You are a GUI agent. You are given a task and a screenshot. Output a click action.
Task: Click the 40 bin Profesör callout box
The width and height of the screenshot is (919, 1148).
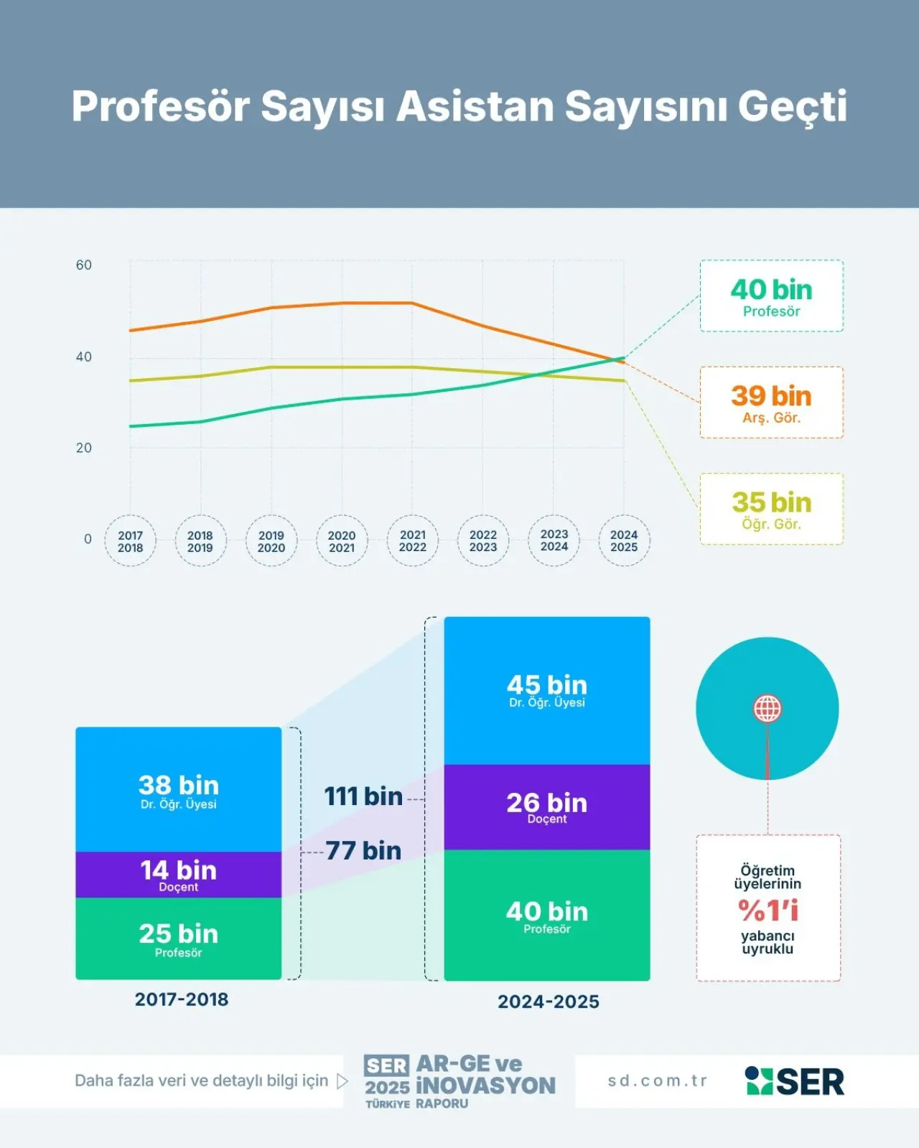tap(771, 296)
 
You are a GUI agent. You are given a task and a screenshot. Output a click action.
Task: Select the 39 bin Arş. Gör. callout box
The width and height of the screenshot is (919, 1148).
tap(771, 403)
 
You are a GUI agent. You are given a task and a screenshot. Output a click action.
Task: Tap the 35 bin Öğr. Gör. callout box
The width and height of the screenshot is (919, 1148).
tap(771, 509)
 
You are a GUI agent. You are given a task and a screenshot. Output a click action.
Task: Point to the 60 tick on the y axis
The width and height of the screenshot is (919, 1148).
tap(84, 265)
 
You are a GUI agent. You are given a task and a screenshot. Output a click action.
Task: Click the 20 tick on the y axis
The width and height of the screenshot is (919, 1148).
tap(84, 448)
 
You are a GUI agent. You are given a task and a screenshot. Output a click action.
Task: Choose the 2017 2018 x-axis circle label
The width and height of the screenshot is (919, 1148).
tap(130, 541)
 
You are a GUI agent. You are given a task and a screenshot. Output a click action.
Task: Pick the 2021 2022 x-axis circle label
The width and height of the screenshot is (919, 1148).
tap(412, 541)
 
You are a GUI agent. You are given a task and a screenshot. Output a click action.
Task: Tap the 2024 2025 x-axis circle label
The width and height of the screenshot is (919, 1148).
tap(624, 541)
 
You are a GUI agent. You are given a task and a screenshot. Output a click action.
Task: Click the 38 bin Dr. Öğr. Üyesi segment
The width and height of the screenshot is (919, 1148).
tap(178, 790)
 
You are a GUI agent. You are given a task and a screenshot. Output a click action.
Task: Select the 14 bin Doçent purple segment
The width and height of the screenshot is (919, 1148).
tap(178, 875)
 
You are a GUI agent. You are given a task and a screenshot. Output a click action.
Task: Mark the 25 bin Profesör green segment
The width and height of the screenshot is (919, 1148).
tap(178, 938)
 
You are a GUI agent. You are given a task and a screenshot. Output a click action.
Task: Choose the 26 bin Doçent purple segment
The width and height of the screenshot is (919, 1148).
tap(547, 807)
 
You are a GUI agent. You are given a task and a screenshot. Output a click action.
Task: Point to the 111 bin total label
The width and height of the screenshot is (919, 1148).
tap(363, 796)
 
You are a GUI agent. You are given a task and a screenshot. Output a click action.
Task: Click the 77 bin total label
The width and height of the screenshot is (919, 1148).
tap(363, 851)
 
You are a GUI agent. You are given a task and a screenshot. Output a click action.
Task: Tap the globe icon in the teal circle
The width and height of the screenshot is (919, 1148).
tap(767, 708)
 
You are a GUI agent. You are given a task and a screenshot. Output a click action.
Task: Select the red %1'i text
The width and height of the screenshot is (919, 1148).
tap(768, 911)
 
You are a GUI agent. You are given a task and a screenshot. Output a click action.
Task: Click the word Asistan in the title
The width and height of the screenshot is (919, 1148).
tap(475, 106)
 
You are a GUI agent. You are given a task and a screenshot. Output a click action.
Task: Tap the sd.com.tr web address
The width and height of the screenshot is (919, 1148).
tap(658, 1081)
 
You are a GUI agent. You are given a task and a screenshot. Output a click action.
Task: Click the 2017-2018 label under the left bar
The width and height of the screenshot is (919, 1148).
tap(182, 999)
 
